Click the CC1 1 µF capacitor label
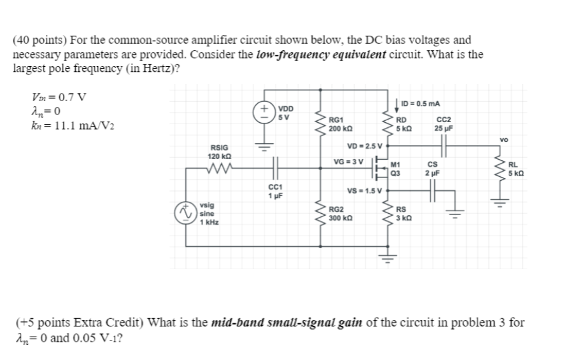point(275,191)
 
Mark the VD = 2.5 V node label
point(362,146)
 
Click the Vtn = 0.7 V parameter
point(50,97)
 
